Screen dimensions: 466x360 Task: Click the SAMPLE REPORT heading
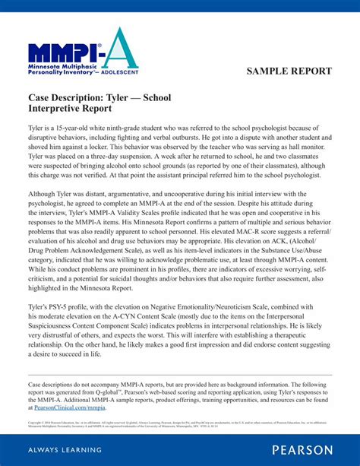click(x=289, y=71)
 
